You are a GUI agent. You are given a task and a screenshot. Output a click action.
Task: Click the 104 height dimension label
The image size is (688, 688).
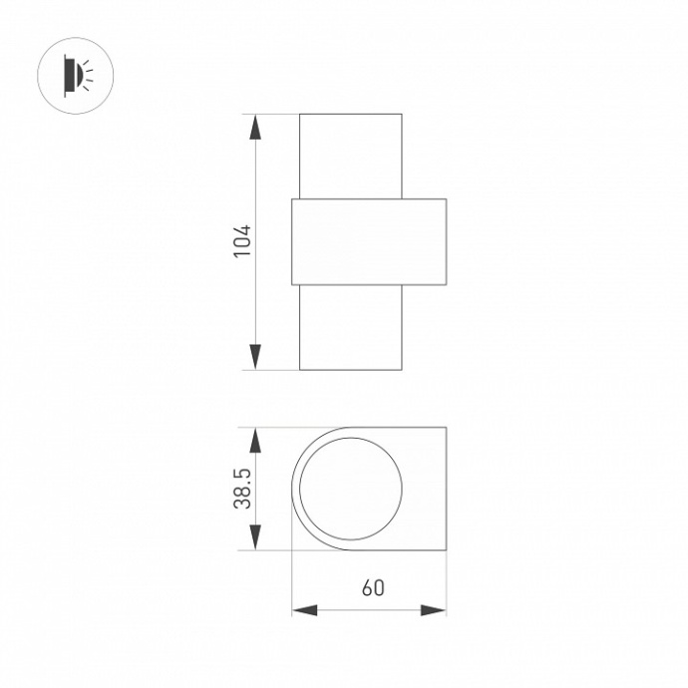coord(242,242)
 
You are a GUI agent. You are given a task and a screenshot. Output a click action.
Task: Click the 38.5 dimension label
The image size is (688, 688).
coord(242,490)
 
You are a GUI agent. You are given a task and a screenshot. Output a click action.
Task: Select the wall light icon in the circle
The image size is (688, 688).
coord(75,72)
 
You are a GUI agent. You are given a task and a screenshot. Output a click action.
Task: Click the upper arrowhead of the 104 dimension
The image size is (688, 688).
coord(255,127)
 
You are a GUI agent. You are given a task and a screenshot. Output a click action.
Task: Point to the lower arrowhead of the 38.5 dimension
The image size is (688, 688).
coord(255,538)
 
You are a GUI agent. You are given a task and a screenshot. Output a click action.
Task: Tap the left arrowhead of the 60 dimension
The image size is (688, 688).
coord(303,609)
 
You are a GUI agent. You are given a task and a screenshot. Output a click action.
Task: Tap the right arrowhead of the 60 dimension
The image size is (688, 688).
coord(434,609)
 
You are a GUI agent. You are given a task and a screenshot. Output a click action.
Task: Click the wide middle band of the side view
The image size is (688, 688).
coord(369,242)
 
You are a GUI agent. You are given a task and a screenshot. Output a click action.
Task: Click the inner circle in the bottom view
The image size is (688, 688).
coord(352,490)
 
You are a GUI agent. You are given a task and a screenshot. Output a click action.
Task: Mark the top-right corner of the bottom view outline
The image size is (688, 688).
coord(446,429)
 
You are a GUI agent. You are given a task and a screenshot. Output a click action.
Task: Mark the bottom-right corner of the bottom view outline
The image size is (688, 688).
coord(446,550)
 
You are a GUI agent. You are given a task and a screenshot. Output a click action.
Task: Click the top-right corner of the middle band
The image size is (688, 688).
coord(446,199)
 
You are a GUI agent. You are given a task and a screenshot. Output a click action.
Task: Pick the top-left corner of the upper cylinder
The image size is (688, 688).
coord(300,115)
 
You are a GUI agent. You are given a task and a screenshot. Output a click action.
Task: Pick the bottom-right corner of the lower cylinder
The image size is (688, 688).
coord(402,369)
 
